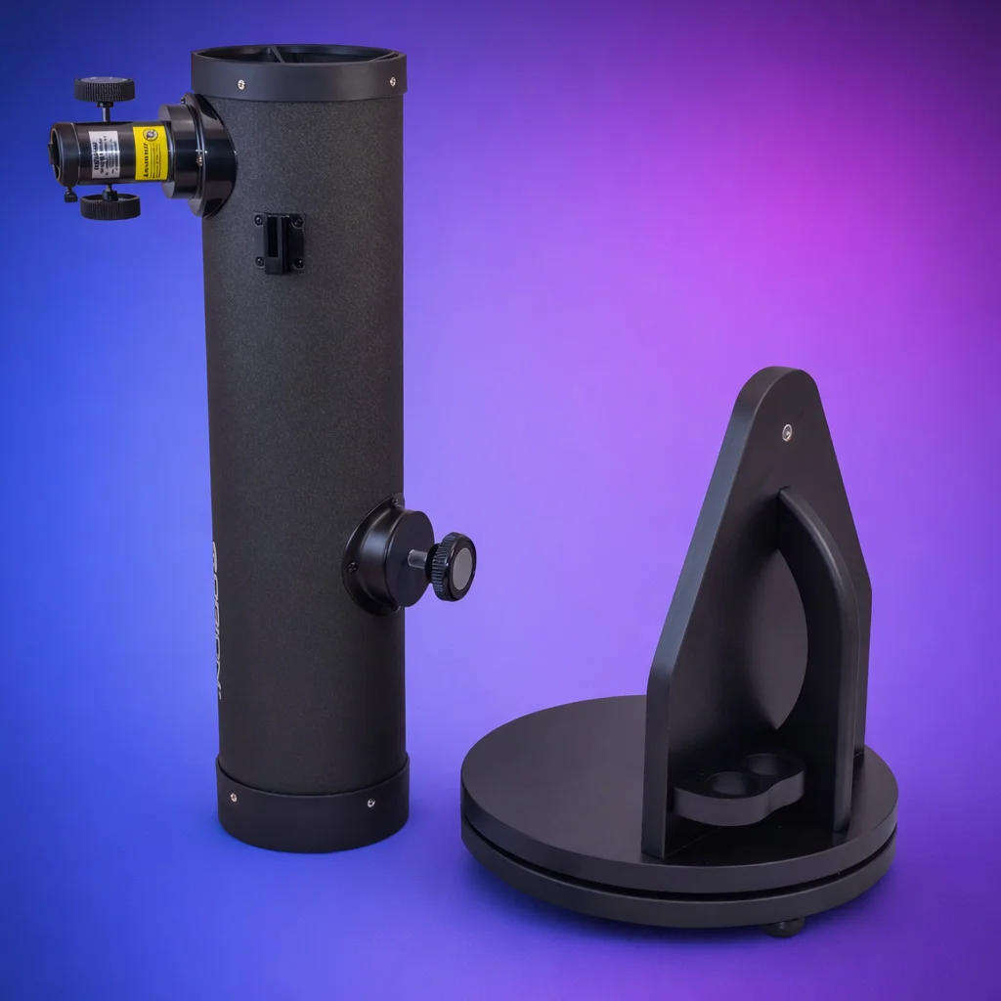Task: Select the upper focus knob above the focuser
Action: pos(105,91)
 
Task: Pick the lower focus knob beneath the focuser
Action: pos(109,206)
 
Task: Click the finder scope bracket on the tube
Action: pos(280,242)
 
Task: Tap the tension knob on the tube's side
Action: pos(455,566)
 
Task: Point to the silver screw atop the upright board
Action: pos(788,429)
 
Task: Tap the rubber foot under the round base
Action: pos(784,928)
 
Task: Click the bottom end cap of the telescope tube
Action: pos(313,811)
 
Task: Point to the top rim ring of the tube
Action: pos(299,74)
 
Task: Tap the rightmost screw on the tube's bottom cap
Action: pos(370,804)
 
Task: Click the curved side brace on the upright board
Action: pos(827,626)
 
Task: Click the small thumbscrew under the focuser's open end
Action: pos(70,195)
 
